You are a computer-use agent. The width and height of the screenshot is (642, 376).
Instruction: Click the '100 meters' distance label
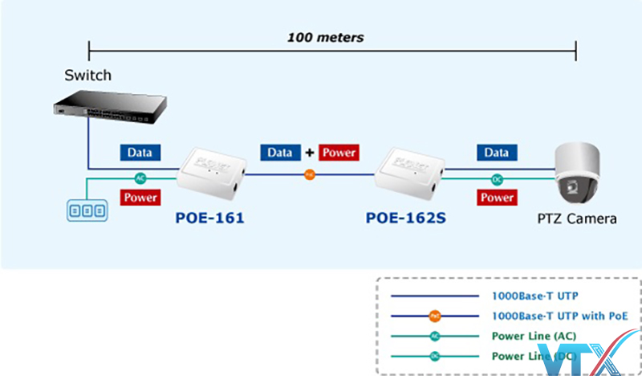[326, 37]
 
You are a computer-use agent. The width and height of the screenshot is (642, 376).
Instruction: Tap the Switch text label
[88, 76]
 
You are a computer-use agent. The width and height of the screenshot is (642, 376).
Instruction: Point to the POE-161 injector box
[211, 175]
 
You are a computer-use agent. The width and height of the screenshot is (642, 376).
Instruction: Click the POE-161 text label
[209, 218]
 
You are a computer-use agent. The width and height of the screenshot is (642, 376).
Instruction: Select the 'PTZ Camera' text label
[578, 218]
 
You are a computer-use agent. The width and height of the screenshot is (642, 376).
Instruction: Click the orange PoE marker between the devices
[309, 174]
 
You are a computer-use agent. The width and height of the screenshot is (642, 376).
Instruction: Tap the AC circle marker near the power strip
[140, 178]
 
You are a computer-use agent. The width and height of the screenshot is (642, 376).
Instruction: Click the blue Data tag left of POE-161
[140, 152]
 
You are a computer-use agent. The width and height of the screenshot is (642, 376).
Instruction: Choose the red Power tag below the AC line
[140, 197]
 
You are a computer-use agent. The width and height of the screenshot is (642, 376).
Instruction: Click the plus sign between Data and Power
[307, 152]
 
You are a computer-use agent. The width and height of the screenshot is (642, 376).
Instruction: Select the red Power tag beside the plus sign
[338, 152]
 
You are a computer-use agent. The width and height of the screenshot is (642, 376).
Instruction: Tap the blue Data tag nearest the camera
[497, 152]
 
